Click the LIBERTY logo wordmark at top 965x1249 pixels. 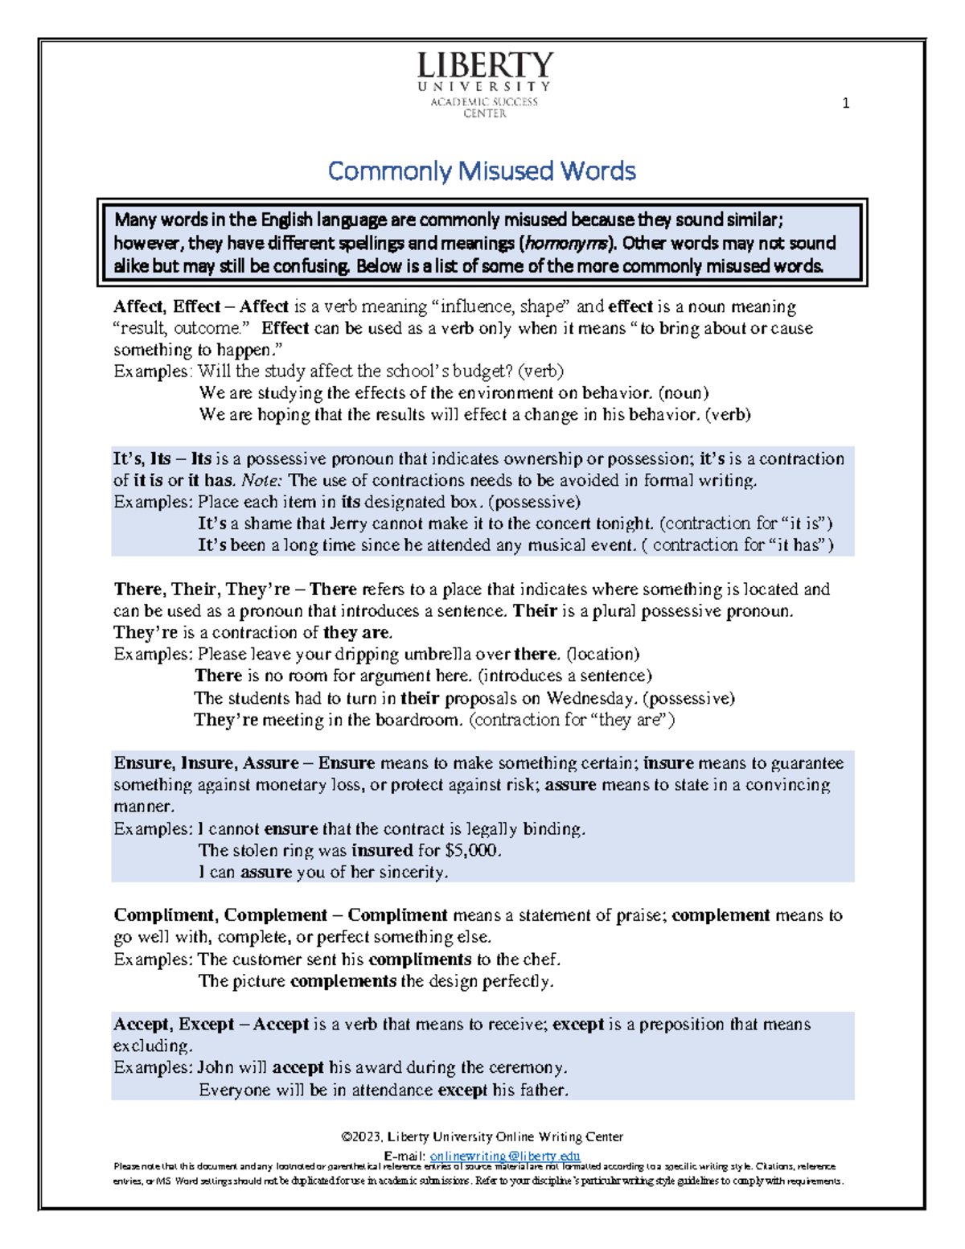[x=485, y=67]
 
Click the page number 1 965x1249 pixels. [x=845, y=103]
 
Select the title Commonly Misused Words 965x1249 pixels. [x=482, y=171]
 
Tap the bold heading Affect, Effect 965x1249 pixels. [x=166, y=306]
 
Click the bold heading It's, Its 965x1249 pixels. [x=142, y=458]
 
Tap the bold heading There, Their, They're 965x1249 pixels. [x=202, y=590]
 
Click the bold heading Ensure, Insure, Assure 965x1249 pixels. [x=206, y=762]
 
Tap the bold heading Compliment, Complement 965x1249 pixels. [x=220, y=915]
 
